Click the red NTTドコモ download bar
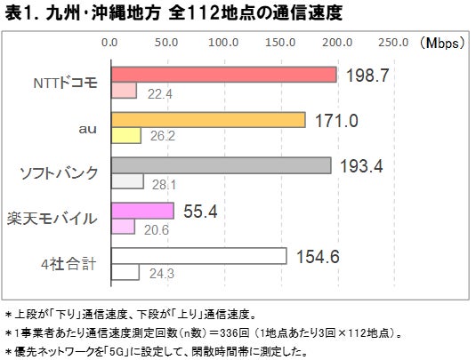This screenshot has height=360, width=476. [222, 75]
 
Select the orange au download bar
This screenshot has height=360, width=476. [207, 120]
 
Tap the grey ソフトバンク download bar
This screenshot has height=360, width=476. [220, 166]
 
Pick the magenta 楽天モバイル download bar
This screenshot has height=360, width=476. [141, 212]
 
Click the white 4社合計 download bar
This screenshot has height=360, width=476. [198, 257]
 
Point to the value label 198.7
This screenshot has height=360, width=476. [367, 75]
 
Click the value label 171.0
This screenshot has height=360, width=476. [336, 120]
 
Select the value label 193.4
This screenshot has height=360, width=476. [363, 166]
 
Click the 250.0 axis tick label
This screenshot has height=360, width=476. [394, 42]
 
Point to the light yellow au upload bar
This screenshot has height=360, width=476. [125, 135]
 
